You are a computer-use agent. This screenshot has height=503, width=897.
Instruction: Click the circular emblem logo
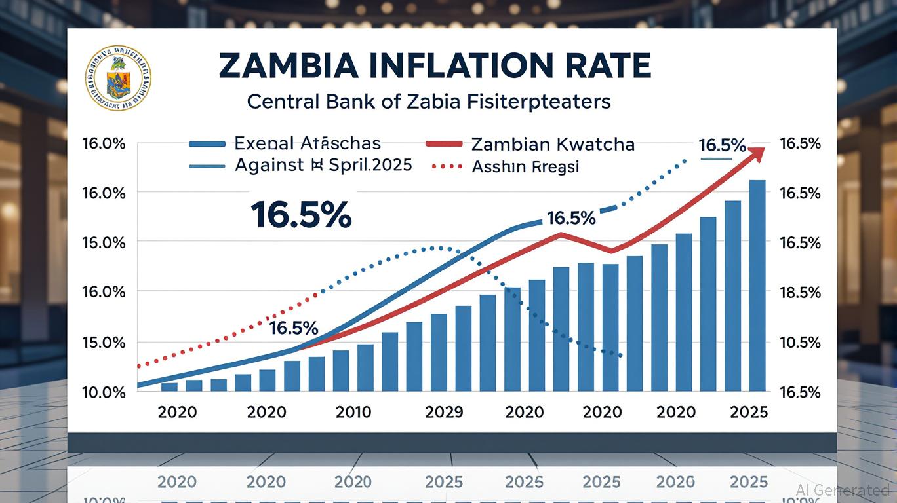coord(118,78)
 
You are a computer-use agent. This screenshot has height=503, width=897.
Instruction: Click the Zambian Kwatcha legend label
coord(552,144)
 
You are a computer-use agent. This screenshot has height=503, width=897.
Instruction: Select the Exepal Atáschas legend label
coord(307,143)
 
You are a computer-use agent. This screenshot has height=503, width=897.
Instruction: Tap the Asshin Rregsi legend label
coord(525,167)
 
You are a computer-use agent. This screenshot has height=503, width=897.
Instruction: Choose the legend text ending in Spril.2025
coord(323,164)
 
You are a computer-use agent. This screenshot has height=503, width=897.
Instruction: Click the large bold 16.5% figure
coord(300,214)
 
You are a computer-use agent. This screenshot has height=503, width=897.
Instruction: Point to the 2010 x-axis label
coord(353,412)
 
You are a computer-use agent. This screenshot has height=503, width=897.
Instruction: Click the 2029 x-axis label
coord(444,412)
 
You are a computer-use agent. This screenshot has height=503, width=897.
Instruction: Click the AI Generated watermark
coord(843,490)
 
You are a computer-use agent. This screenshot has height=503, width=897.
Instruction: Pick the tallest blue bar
coord(756,285)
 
